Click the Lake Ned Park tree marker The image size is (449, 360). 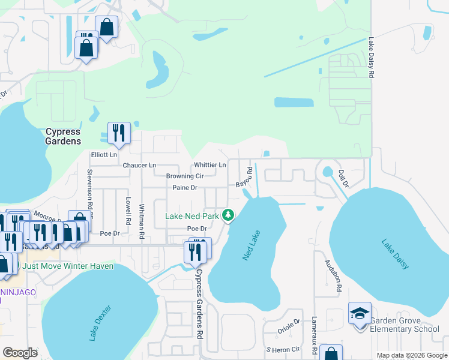point(228,215)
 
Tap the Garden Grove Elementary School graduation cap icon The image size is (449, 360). point(360,314)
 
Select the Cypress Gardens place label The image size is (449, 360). point(64,136)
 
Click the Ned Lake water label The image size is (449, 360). point(250,247)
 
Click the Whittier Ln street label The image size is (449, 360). point(210,165)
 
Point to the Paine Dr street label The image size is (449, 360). point(185,188)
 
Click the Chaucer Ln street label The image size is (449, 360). point(139,165)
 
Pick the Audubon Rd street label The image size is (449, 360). point(339,275)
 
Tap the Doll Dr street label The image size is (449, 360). point(343,178)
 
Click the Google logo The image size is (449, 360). point(20,353)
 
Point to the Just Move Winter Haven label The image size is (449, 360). point(68,266)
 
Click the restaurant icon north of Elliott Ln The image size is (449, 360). point(119,133)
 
